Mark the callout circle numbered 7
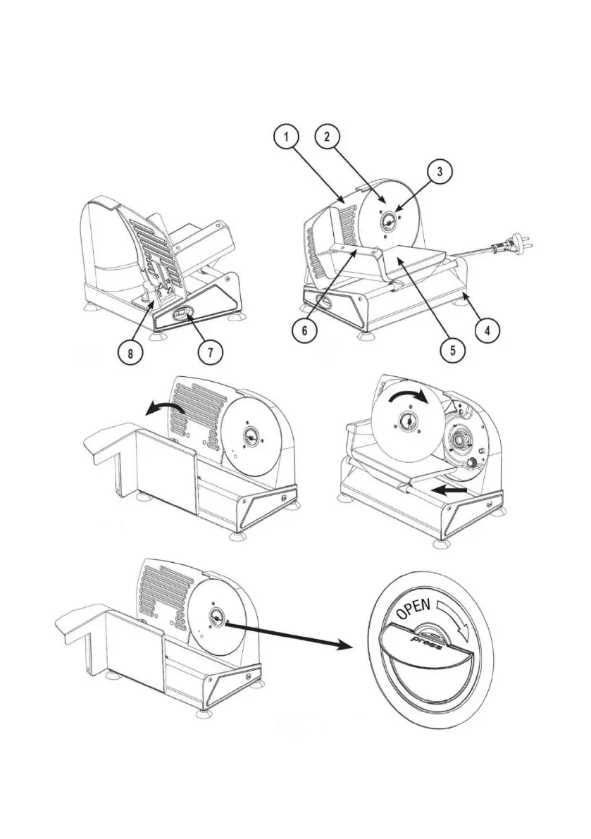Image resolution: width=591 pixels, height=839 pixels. (x=209, y=352)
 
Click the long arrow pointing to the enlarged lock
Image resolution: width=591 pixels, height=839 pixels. (x=292, y=633)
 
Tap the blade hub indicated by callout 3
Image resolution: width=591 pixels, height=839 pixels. (x=389, y=220)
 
